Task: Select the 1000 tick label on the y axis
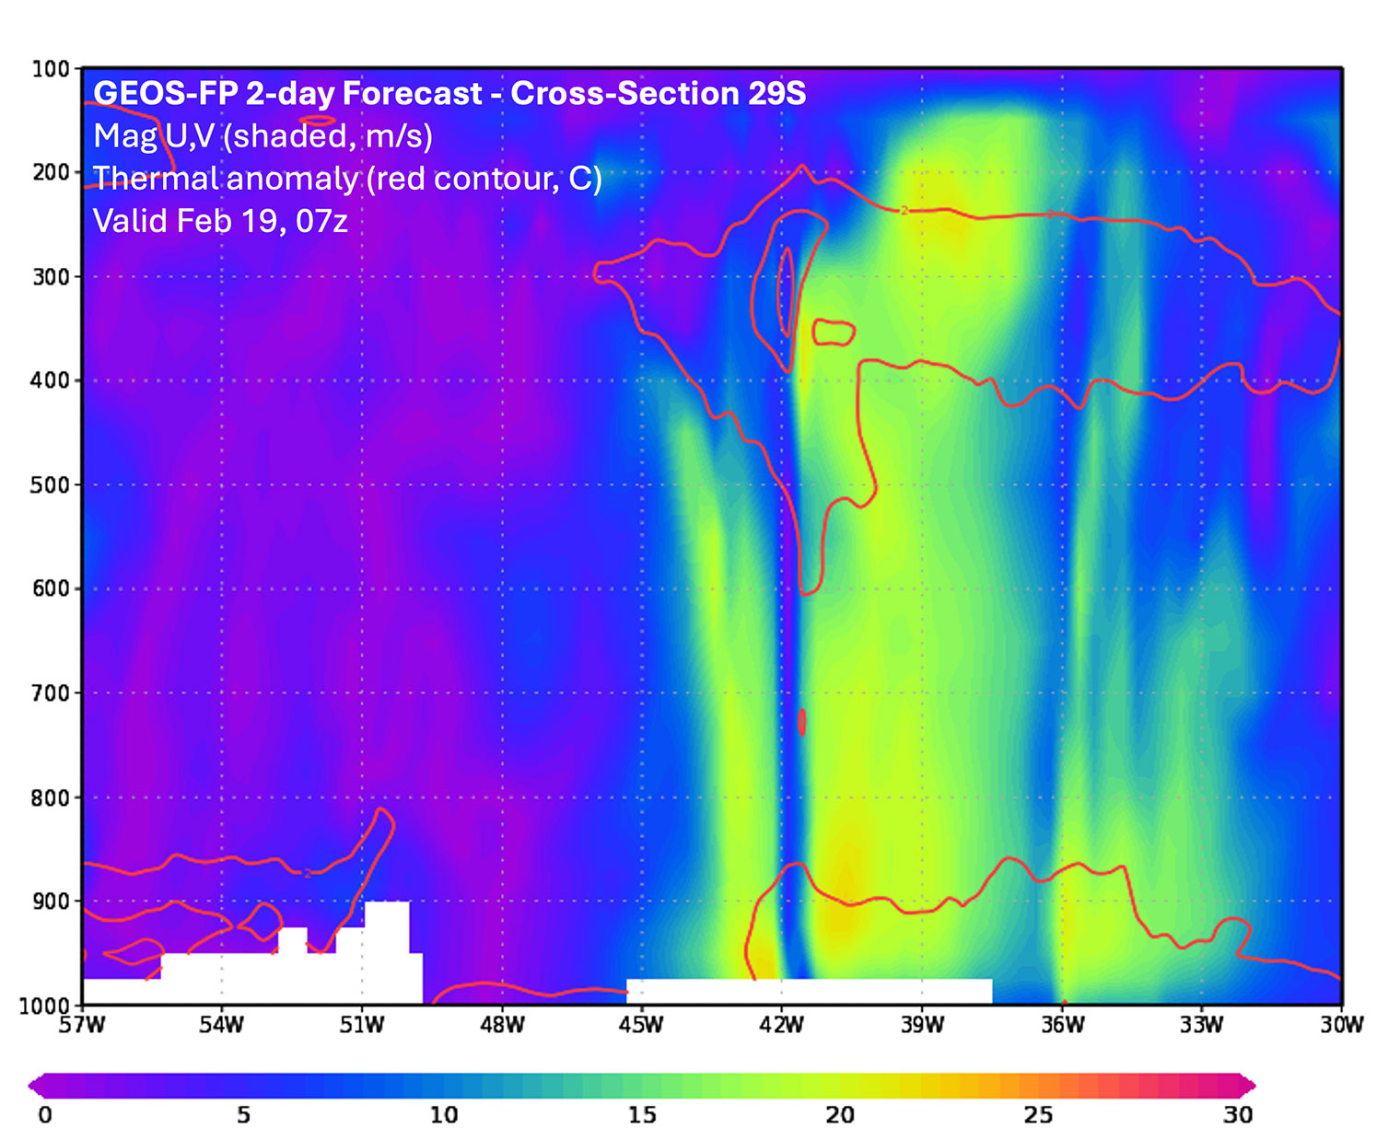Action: tap(44, 1006)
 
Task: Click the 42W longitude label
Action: tap(781, 1025)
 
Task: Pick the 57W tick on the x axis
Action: tap(82, 1025)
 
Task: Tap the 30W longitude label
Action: tap(1341, 1025)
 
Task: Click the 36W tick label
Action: tap(1062, 1025)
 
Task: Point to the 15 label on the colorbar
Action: tap(642, 1114)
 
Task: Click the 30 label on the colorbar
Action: tap(1237, 1114)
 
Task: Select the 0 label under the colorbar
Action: tap(45, 1114)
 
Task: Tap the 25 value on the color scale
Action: tap(1038, 1114)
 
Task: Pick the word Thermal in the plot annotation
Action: tap(156, 178)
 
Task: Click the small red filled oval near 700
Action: tap(802, 721)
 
